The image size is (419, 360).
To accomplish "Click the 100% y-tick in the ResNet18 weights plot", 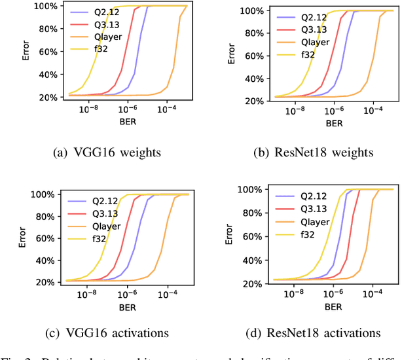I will [255, 11].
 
